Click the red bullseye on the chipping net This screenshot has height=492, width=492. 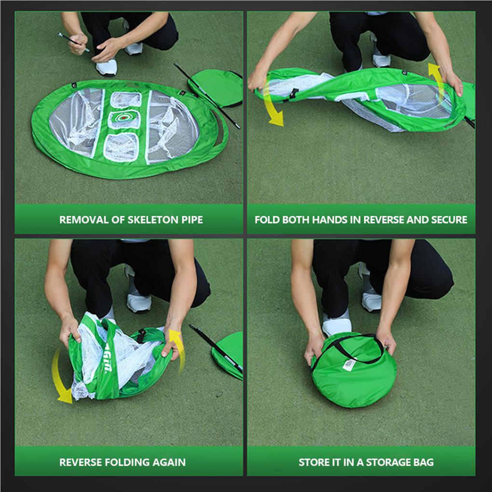[x=124, y=118]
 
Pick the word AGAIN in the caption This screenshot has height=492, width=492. [x=169, y=462]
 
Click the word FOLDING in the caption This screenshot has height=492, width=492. [x=127, y=462]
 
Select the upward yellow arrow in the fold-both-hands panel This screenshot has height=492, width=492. [x=436, y=77]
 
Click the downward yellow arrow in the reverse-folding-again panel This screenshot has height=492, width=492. [x=61, y=379]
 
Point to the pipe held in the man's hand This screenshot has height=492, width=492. [x=72, y=41]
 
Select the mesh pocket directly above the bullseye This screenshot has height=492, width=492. [x=125, y=99]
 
